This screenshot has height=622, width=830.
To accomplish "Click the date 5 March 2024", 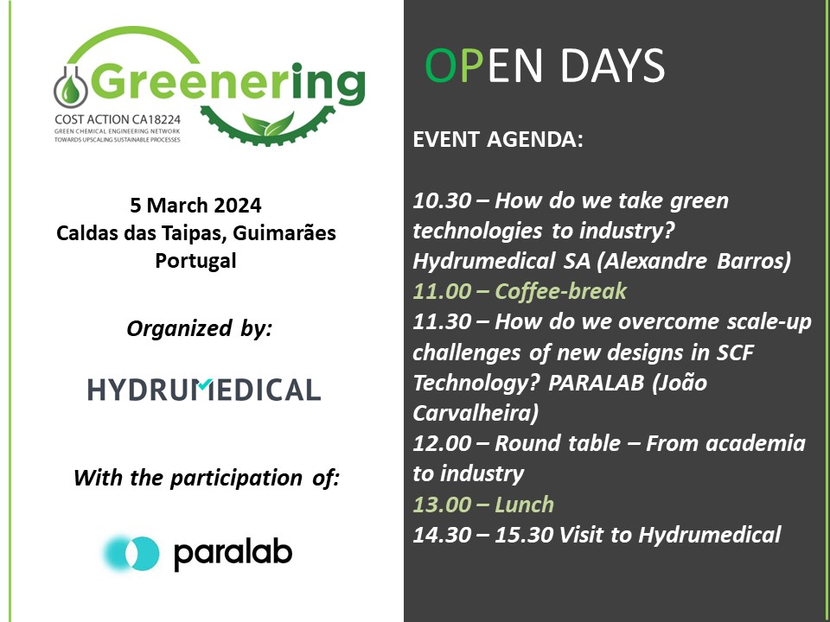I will [195, 206].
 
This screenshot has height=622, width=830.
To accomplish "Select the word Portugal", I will [195, 260].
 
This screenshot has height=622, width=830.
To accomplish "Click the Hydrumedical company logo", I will [204, 390].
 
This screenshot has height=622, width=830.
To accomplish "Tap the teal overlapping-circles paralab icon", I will [131, 553].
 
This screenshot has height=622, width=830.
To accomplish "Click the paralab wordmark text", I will [233, 554].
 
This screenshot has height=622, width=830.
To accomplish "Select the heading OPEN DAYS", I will [545, 67].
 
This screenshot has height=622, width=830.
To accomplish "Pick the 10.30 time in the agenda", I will [441, 202].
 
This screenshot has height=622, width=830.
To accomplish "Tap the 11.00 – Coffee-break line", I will [520, 291].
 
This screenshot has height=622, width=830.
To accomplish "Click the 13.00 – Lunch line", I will [484, 504].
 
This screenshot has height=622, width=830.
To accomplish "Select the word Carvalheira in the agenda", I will [476, 413].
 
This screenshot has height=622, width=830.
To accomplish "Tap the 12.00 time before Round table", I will [442, 444].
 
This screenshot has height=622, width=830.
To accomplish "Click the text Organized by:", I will [199, 328].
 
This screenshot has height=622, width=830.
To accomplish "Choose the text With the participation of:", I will [207, 478].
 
